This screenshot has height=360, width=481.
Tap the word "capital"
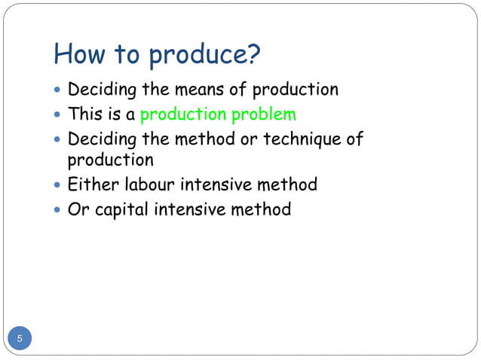121,209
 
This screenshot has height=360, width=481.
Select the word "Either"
90,185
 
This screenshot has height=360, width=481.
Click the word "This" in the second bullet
84,115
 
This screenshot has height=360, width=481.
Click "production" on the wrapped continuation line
110,160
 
